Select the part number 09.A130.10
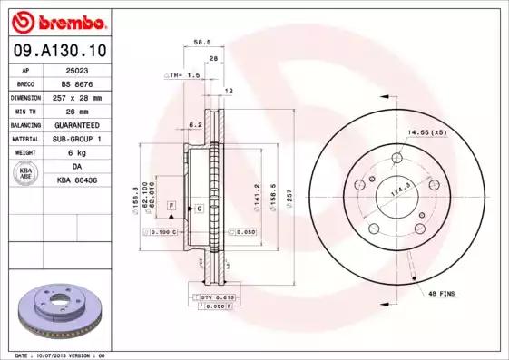tap(60, 53)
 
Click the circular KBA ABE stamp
tap(26, 173)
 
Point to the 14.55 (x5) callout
tap(427, 133)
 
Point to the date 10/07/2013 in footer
tap(68, 355)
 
